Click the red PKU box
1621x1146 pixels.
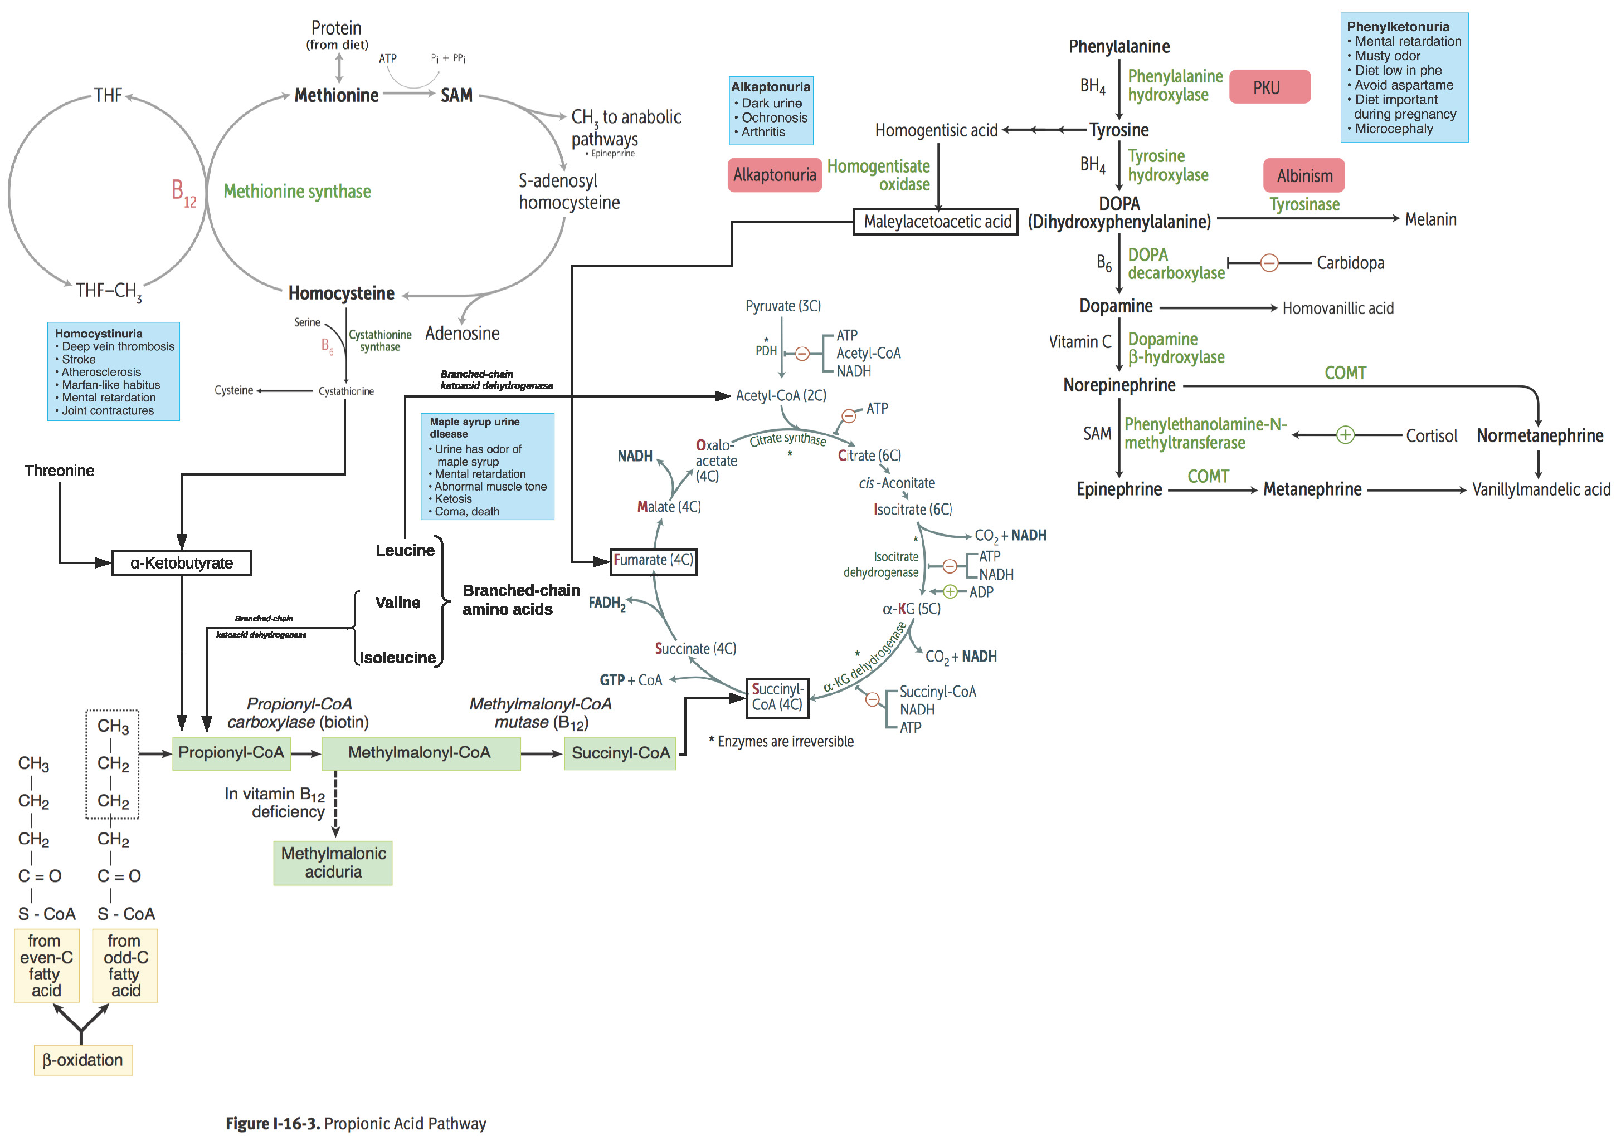click(1269, 87)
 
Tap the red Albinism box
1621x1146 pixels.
click(1303, 175)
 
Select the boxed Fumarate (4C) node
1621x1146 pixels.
click(653, 560)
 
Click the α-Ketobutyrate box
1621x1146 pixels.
click(182, 563)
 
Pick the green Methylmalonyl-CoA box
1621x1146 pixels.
click(420, 753)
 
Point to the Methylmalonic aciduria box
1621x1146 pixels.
click(333, 863)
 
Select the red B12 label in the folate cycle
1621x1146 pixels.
click(183, 192)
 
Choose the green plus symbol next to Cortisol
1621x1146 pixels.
click(1345, 435)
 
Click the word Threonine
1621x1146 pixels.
click(59, 471)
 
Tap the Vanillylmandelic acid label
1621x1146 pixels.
click(1541, 489)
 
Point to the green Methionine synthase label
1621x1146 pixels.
click(296, 191)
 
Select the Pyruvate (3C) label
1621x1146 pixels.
click(782, 306)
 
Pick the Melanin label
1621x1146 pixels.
click(1430, 219)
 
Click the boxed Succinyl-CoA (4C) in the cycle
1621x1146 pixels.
click(777, 697)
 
